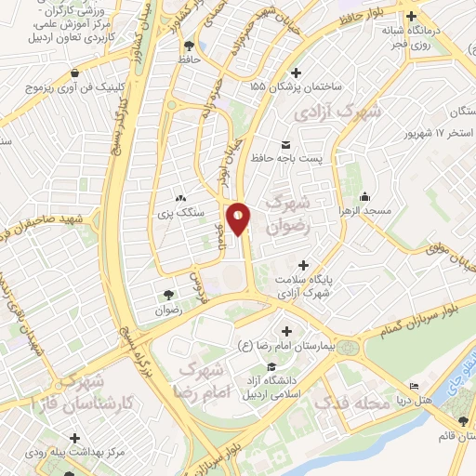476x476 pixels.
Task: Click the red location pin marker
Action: pyautogui.click(x=239, y=218)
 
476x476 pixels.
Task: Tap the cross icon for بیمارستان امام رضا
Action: pyautogui.click(x=286, y=331)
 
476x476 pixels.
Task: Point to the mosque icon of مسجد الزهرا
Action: pyautogui.click(x=364, y=196)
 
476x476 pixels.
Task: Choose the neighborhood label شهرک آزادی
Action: pyautogui.click(x=337, y=112)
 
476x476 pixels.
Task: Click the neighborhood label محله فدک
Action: pyautogui.click(x=349, y=403)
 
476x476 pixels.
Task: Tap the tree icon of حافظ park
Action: pyautogui.click(x=190, y=44)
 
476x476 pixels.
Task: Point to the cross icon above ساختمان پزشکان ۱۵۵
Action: pyautogui.click(x=297, y=72)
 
